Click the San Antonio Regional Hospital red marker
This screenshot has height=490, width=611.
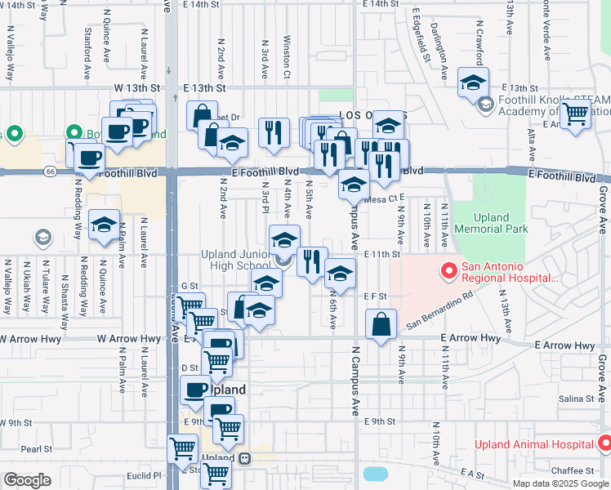pos(448,270)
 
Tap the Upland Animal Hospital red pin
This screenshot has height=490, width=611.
pos(604,443)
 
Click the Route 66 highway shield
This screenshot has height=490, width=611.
pos(50,171)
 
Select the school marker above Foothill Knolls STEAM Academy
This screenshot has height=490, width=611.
pos(473,82)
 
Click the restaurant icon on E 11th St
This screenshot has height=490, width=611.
pos(312,262)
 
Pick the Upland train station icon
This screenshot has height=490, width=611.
pos(244,458)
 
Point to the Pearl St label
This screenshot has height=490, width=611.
pos(37,448)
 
